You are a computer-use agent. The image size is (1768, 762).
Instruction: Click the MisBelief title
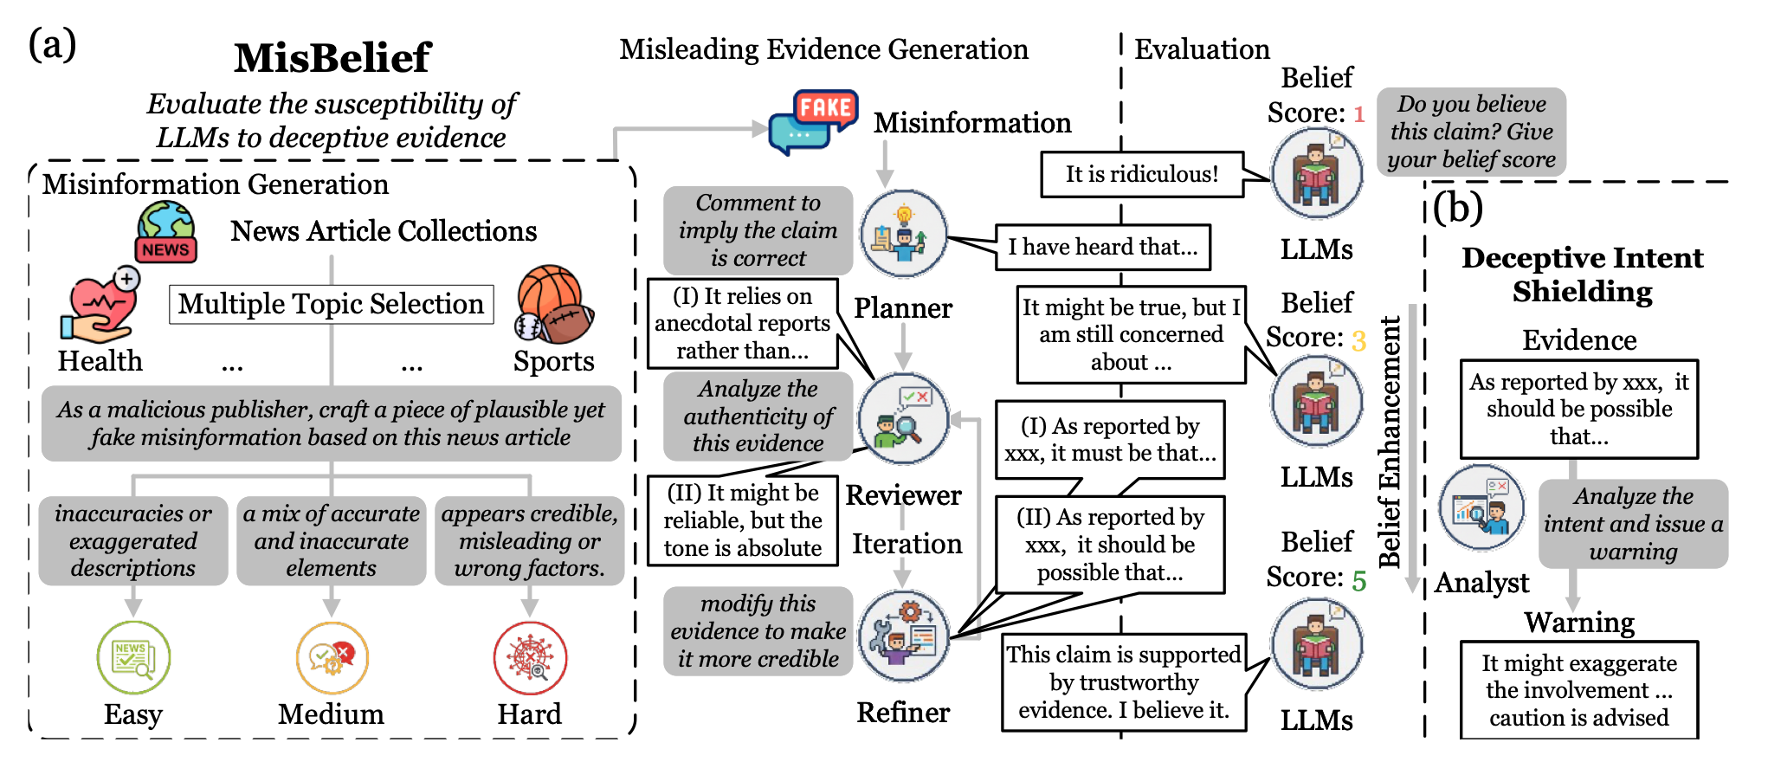pos(332,58)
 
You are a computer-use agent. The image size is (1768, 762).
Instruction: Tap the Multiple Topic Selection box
pos(331,304)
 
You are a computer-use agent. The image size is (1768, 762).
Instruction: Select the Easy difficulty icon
pos(133,658)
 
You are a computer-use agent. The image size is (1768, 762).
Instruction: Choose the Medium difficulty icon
pos(332,658)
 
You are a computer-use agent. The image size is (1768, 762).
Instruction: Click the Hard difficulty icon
pos(530,658)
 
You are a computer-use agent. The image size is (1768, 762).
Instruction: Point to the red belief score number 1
pos(1358,114)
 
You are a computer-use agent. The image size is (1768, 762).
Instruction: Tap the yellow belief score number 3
pos(1358,340)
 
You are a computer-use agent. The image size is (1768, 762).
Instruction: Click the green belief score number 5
pos(1358,580)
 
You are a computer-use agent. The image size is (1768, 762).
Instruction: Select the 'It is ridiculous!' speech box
pos(1141,174)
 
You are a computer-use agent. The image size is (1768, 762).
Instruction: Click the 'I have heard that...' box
pos(1102,247)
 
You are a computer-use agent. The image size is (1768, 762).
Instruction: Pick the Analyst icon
pos(1481,508)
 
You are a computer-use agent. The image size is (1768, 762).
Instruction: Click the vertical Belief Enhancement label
pos(1391,442)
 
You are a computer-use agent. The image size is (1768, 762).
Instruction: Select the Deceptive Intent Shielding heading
pos(1582,274)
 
